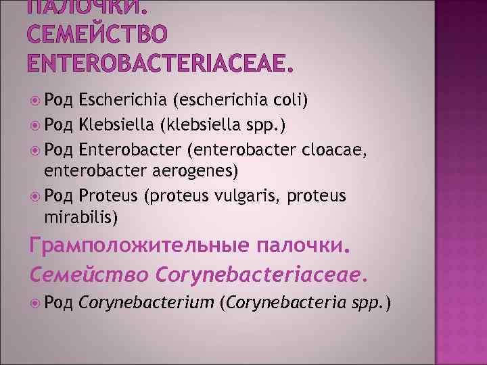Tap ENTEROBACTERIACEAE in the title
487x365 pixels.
coord(160,63)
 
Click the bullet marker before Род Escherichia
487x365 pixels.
coord(35,101)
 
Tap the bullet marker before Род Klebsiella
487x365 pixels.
coord(35,124)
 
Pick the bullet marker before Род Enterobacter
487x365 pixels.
coord(35,148)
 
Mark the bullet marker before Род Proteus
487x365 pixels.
coord(35,195)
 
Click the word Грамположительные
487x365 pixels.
coord(138,247)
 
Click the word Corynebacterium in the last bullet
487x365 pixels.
coord(145,304)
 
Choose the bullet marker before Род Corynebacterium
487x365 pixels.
coord(35,304)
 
